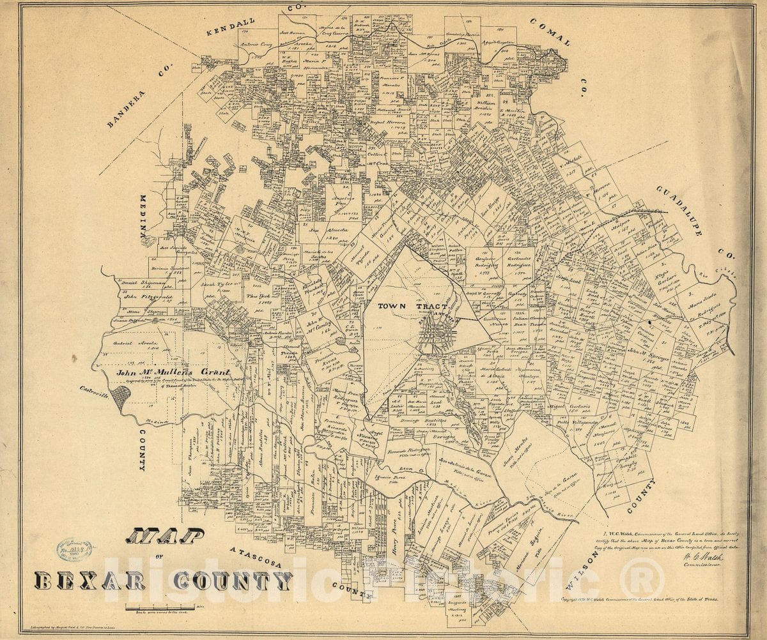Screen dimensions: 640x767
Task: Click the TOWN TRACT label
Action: pos(405,306)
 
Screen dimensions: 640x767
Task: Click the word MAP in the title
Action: pos(165,536)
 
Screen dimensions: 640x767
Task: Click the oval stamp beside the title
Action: pos(74,550)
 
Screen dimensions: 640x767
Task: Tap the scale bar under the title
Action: pos(161,606)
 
